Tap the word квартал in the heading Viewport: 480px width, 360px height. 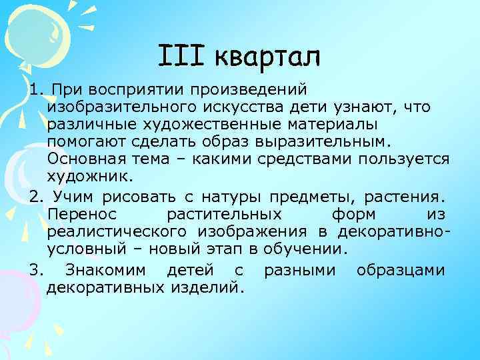tap(268, 57)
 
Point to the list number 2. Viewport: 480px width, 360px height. tap(35, 197)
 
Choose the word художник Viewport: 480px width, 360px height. tap(89, 178)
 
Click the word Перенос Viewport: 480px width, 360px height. tap(82, 215)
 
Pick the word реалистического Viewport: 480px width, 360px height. tap(118, 233)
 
